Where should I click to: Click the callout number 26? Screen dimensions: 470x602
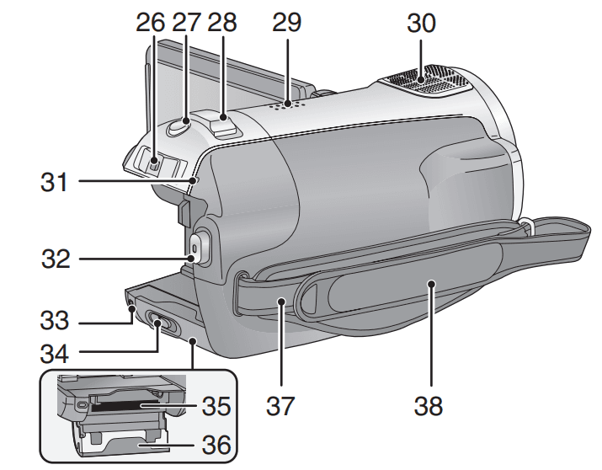click(x=152, y=22)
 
